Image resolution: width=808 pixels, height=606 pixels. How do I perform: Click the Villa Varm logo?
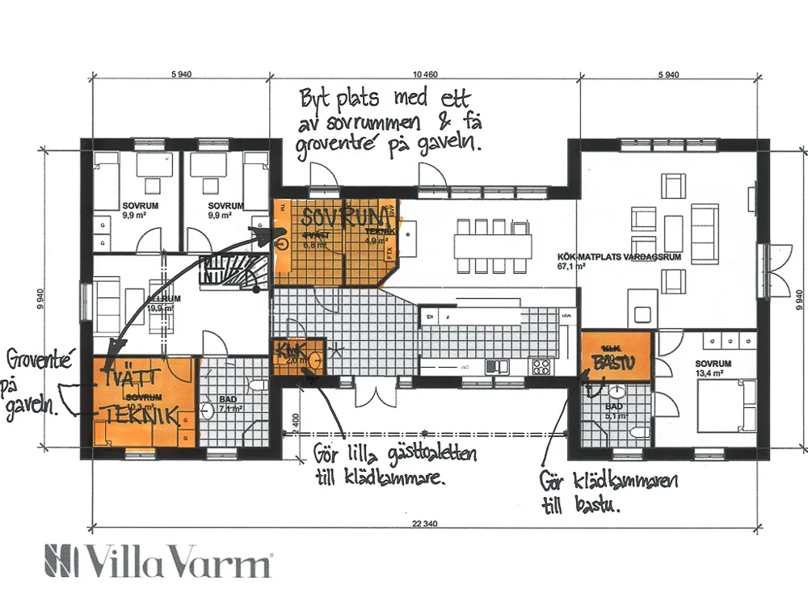coord(158,561)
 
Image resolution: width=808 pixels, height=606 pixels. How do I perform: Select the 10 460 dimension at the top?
coord(424,74)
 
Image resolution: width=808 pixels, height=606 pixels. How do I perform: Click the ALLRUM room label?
coord(163,298)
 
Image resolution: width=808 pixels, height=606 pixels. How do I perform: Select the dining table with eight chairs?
coord(493,243)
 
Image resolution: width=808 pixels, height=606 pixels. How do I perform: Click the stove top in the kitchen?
coord(540,367)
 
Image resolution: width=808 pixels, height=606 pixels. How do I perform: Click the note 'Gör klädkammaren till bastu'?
coord(608,493)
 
